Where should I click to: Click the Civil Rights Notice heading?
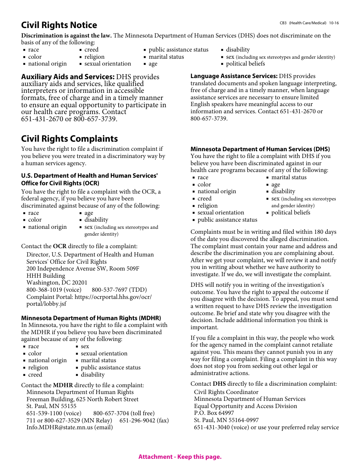(59, 25)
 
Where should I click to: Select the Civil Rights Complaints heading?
(69, 139)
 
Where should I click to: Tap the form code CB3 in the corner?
(283, 23)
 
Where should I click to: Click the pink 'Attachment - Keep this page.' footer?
(180, 457)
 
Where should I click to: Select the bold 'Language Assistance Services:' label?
(234, 76)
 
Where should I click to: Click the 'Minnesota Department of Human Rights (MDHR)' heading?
(91, 318)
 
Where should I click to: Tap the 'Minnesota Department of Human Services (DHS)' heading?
(260, 149)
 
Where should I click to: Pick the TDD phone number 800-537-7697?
(110, 290)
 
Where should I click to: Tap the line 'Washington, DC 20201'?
(57, 283)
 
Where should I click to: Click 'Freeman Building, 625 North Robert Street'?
(82, 399)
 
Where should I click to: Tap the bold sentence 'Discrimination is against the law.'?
(66, 36)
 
